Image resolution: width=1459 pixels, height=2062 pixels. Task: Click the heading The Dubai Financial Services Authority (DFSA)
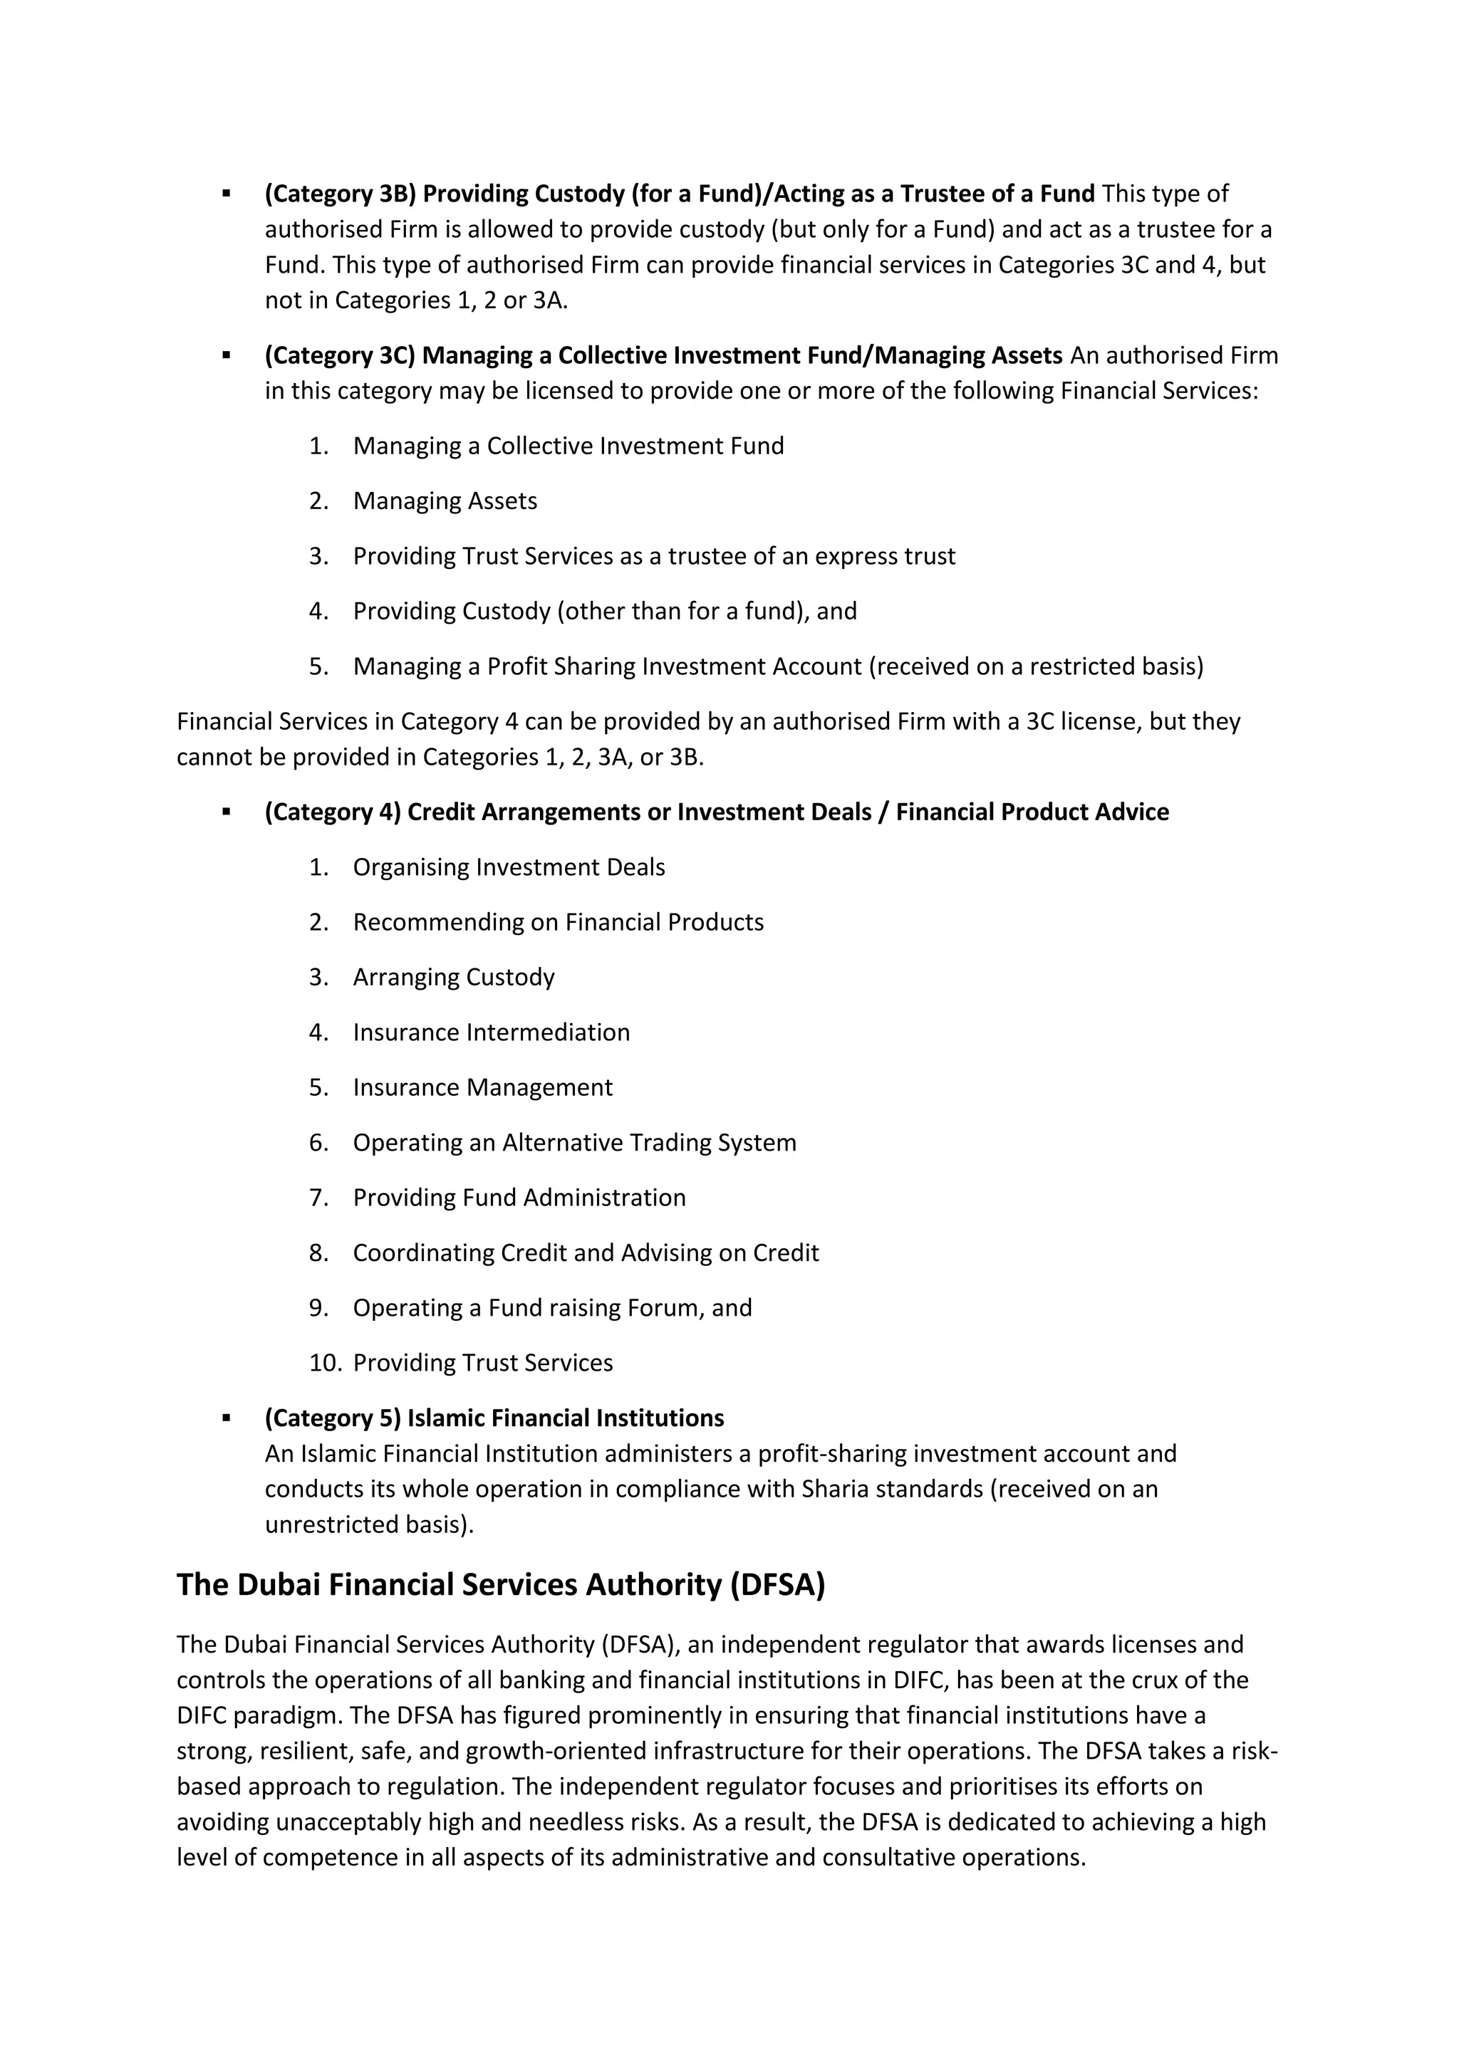(x=500, y=1584)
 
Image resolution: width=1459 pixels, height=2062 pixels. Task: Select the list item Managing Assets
(x=445, y=501)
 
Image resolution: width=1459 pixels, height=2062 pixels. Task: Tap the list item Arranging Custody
(x=454, y=977)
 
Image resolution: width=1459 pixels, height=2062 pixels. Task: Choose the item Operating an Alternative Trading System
(x=574, y=1142)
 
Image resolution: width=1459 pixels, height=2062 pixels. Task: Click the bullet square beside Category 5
(x=227, y=1418)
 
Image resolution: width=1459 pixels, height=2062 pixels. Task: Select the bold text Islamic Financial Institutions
(x=565, y=1418)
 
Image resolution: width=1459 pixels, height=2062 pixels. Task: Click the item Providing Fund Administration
(x=519, y=1198)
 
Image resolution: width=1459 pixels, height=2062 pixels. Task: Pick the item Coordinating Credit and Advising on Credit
(x=586, y=1253)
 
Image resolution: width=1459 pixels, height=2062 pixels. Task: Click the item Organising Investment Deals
(x=509, y=867)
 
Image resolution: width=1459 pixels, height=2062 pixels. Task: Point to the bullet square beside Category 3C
(x=227, y=355)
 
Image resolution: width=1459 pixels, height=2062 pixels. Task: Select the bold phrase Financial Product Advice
(x=1032, y=812)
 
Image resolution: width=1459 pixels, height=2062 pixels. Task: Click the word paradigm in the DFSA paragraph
(x=288, y=1715)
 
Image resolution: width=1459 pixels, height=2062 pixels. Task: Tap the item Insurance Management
(x=482, y=1087)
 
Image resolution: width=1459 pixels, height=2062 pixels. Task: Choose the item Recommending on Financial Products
(x=558, y=922)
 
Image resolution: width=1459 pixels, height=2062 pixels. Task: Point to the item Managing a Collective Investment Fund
(x=568, y=446)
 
